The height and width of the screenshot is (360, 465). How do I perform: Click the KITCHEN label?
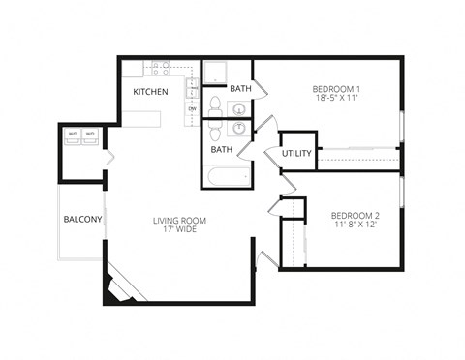[150, 92]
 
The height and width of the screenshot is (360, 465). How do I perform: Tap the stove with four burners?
[160, 69]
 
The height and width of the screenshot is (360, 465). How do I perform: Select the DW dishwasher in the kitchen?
[193, 107]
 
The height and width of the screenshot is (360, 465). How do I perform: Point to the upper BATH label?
[240, 89]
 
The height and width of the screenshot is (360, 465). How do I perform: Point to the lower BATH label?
[222, 150]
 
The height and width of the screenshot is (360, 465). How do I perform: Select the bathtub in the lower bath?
[226, 177]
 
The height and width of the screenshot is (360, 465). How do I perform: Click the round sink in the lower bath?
[238, 129]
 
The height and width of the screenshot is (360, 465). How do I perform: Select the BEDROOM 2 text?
[354, 214]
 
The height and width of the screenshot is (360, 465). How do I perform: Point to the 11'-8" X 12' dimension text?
[354, 225]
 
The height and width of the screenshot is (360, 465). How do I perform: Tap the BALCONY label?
[83, 220]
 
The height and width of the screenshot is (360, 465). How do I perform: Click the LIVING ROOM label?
[179, 221]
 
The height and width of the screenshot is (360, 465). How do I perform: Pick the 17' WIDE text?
[179, 232]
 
